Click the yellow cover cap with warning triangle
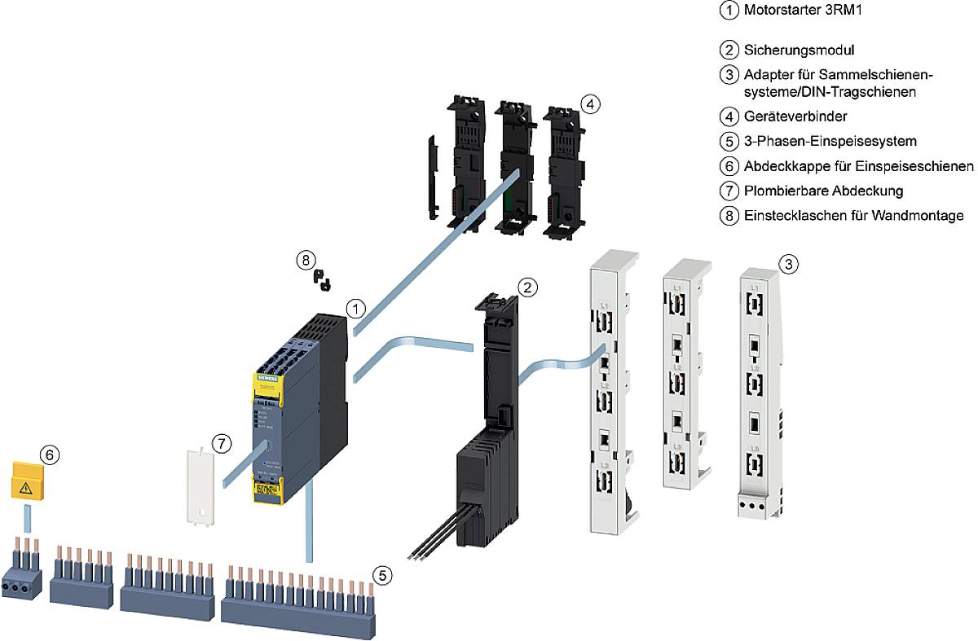pyautogui.click(x=26, y=481)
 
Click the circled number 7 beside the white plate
pyautogui.click(x=222, y=444)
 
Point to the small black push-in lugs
pyautogui.click(x=323, y=282)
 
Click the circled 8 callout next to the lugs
pyautogui.click(x=305, y=260)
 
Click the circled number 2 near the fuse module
pyautogui.click(x=528, y=287)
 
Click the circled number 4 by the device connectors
pyautogui.click(x=591, y=103)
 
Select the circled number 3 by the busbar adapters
pyautogui.click(x=787, y=264)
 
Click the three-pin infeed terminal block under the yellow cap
pyautogui.click(x=22, y=578)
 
